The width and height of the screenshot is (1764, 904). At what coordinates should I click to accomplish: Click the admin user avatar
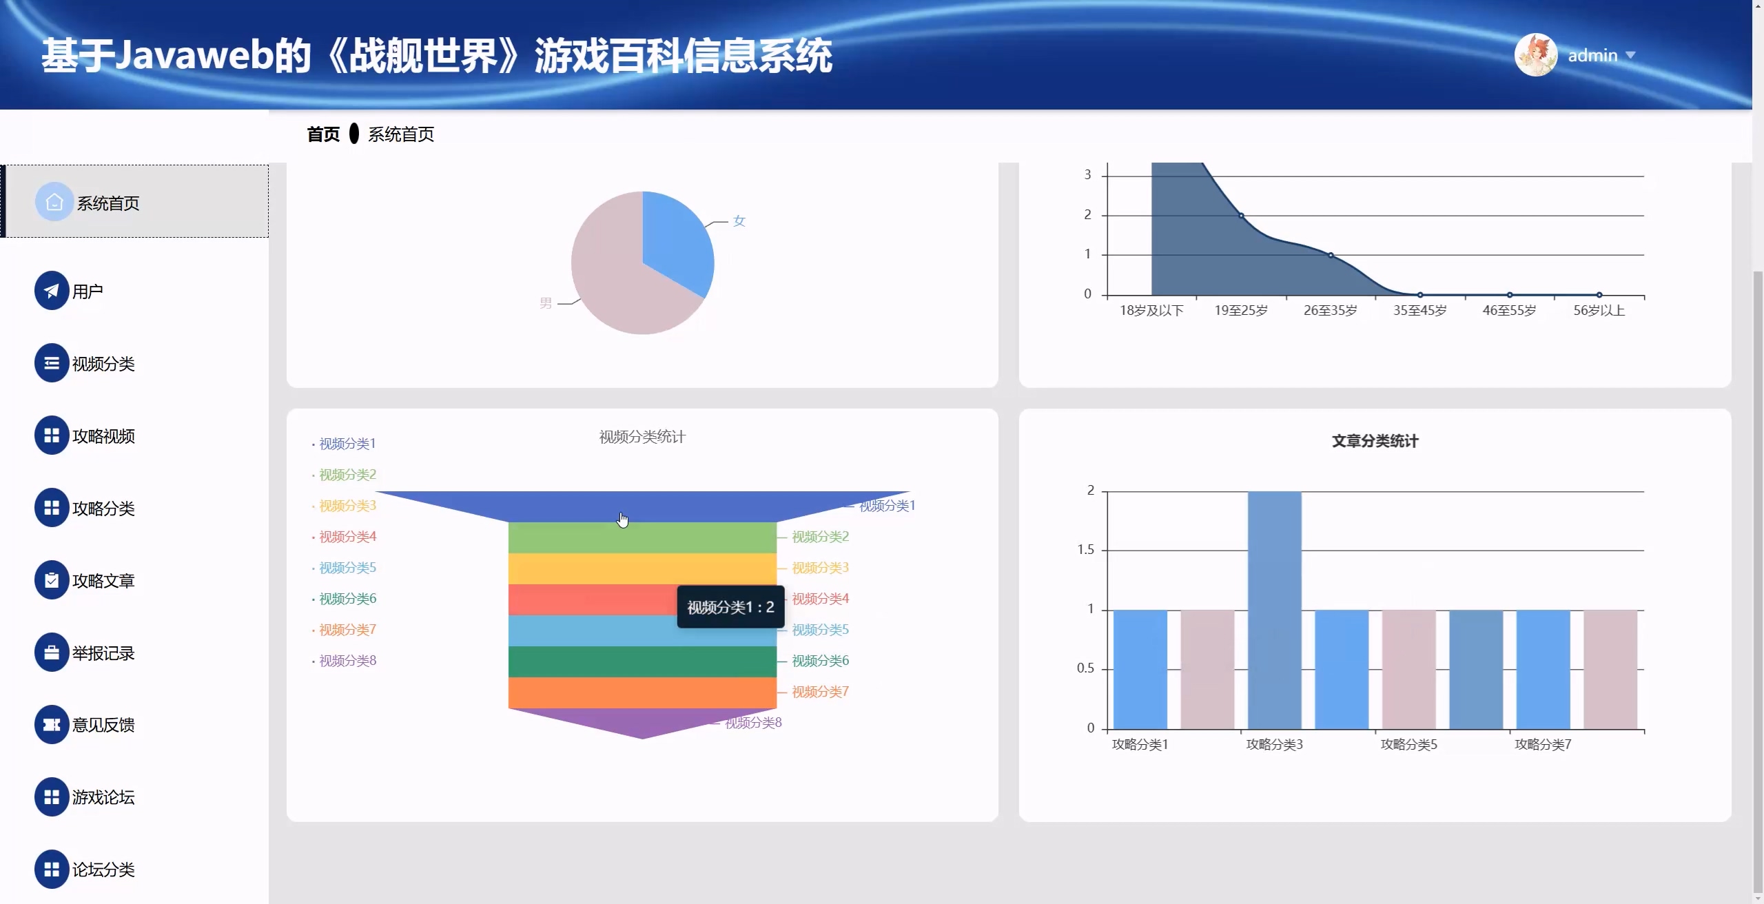click(x=1535, y=54)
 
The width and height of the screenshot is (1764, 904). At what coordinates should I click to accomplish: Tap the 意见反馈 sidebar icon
click(x=52, y=725)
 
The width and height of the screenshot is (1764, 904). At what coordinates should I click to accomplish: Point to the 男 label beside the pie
click(x=546, y=303)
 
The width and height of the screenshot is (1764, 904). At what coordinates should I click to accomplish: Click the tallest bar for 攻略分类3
click(x=1275, y=610)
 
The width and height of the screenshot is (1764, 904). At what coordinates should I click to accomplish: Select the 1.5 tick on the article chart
click(x=1085, y=550)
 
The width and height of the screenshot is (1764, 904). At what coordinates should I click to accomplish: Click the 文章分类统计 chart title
click(x=1375, y=441)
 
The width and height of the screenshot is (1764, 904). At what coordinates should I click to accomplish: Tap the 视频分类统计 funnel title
click(x=642, y=437)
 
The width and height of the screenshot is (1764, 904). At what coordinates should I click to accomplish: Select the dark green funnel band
click(x=642, y=661)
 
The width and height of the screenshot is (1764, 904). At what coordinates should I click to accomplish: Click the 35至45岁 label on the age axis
click(x=1419, y=311)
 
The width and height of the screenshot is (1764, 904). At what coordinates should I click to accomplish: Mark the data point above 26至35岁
click(x=1331, y=255)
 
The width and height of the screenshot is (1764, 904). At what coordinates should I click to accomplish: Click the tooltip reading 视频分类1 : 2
click(x=730, y=607)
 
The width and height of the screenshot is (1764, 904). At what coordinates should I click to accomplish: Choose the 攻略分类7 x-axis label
click(x=1543, y=745)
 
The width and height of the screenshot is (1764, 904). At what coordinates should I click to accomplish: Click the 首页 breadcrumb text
click(x=323, y=134)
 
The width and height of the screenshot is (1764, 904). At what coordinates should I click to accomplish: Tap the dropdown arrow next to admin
click(x=1630, y=55)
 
